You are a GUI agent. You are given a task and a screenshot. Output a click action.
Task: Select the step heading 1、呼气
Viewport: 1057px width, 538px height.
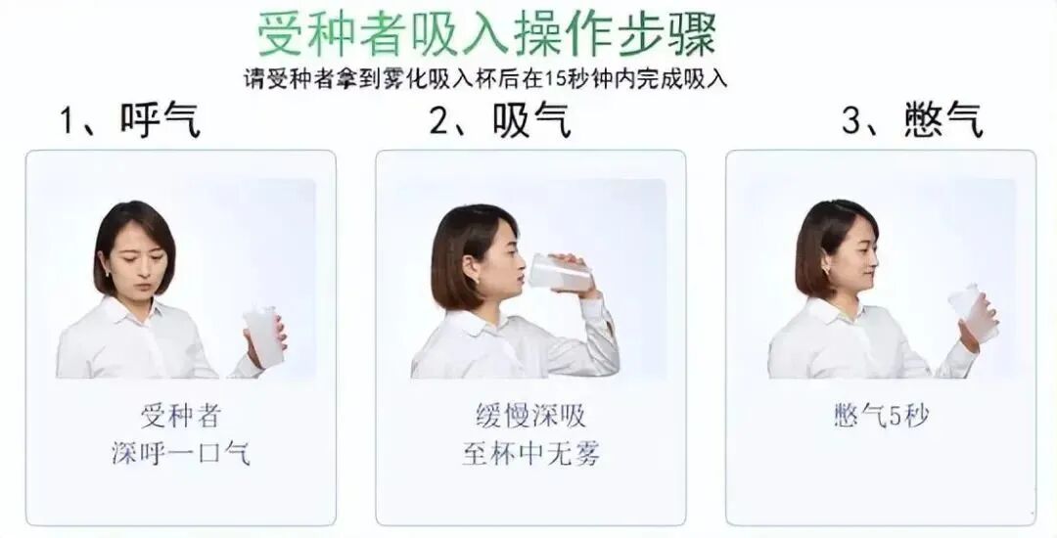(x=130, y=121)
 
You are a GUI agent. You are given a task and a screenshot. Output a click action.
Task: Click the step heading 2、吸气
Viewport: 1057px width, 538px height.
(x=499, y=121)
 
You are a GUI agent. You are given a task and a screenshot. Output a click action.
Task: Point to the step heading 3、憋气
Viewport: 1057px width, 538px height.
(x=912, y=121)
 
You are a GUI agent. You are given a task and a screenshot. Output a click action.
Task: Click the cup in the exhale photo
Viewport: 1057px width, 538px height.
(x=263, y=336)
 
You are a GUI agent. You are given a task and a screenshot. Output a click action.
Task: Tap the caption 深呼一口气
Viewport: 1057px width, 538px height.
(x=181, y=454)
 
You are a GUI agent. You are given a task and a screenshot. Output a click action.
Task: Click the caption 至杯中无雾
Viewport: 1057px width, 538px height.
(x=530, y=454)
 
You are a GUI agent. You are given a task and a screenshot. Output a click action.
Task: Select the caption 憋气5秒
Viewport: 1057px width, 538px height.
(x=881, y=417)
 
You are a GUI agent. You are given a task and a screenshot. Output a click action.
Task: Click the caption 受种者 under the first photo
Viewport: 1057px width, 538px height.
(x=181, y=417)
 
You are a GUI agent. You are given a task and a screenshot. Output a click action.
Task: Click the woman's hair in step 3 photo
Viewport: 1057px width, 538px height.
(x=820, y=235)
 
